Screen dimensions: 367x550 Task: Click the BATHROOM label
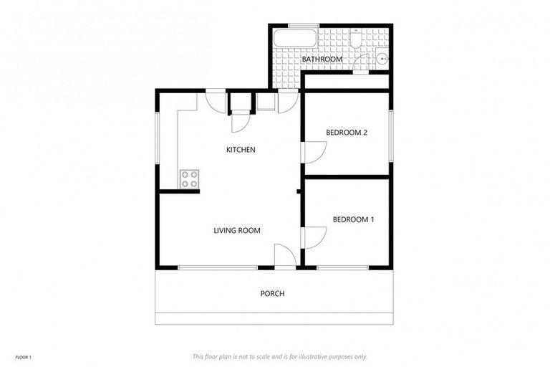point(322,59)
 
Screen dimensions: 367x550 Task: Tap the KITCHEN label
point(241,150)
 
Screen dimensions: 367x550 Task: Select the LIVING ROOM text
point(236,231)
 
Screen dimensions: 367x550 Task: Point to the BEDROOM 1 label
point(353,219)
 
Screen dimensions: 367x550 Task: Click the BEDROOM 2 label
point(347,133)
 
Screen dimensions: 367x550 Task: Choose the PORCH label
point(272,294)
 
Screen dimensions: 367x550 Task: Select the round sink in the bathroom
point(382,59)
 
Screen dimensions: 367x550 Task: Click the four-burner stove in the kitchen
point(189,178)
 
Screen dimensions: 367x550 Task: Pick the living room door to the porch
point(284,257)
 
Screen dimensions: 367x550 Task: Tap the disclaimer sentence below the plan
point(279,356)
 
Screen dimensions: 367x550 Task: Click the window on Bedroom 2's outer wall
point(391,135)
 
